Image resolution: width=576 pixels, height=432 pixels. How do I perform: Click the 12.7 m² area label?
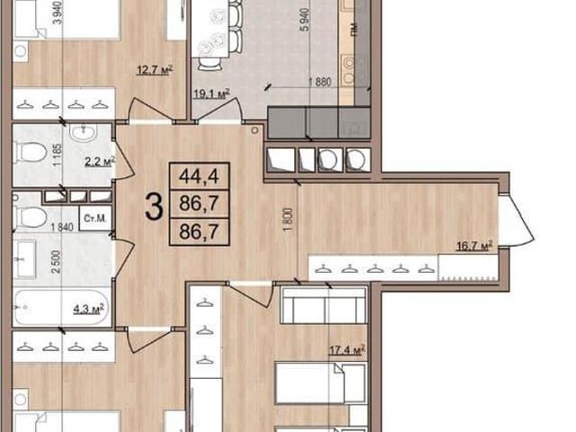(155, 69)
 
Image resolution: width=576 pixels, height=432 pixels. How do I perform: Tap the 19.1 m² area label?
(212, 94)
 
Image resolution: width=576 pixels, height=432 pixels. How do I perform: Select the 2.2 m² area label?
(100, 161)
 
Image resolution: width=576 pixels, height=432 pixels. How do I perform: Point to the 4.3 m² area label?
(88, 308)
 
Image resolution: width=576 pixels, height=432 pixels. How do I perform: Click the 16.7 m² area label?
(474, 246)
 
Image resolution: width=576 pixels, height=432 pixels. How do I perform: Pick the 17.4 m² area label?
(347, 349)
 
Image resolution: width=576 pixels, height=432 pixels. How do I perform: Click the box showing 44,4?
(199, 176)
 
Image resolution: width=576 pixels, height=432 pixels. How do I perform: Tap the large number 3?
(154, 207)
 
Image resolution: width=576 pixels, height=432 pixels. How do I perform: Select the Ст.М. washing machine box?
(95, 219)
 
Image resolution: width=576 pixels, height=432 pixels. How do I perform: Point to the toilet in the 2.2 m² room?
(30, 152)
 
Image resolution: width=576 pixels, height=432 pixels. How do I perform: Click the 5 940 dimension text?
(305, 19)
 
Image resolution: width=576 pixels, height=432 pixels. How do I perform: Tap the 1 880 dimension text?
(319, 82)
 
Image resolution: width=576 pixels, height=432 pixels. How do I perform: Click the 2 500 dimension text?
(56, 262)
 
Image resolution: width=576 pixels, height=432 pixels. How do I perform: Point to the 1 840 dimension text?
(62, 228)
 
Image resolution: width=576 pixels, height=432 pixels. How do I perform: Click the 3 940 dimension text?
(58, 13)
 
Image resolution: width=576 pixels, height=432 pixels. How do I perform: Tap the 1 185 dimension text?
(58, 155)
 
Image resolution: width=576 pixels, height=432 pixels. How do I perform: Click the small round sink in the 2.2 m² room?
(84, 133)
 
